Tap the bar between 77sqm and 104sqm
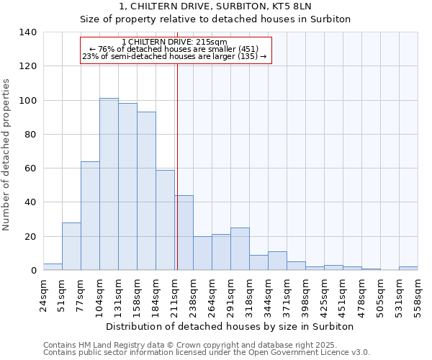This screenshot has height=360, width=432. click(x=90, y=216)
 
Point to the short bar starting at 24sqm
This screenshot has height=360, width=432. click(x=53, y=267)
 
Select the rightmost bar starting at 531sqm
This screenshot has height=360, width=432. click(x=408, y=269)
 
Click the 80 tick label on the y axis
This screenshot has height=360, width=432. click(x=30, y=135)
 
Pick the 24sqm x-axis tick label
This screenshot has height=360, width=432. click(x=43, y=292)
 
